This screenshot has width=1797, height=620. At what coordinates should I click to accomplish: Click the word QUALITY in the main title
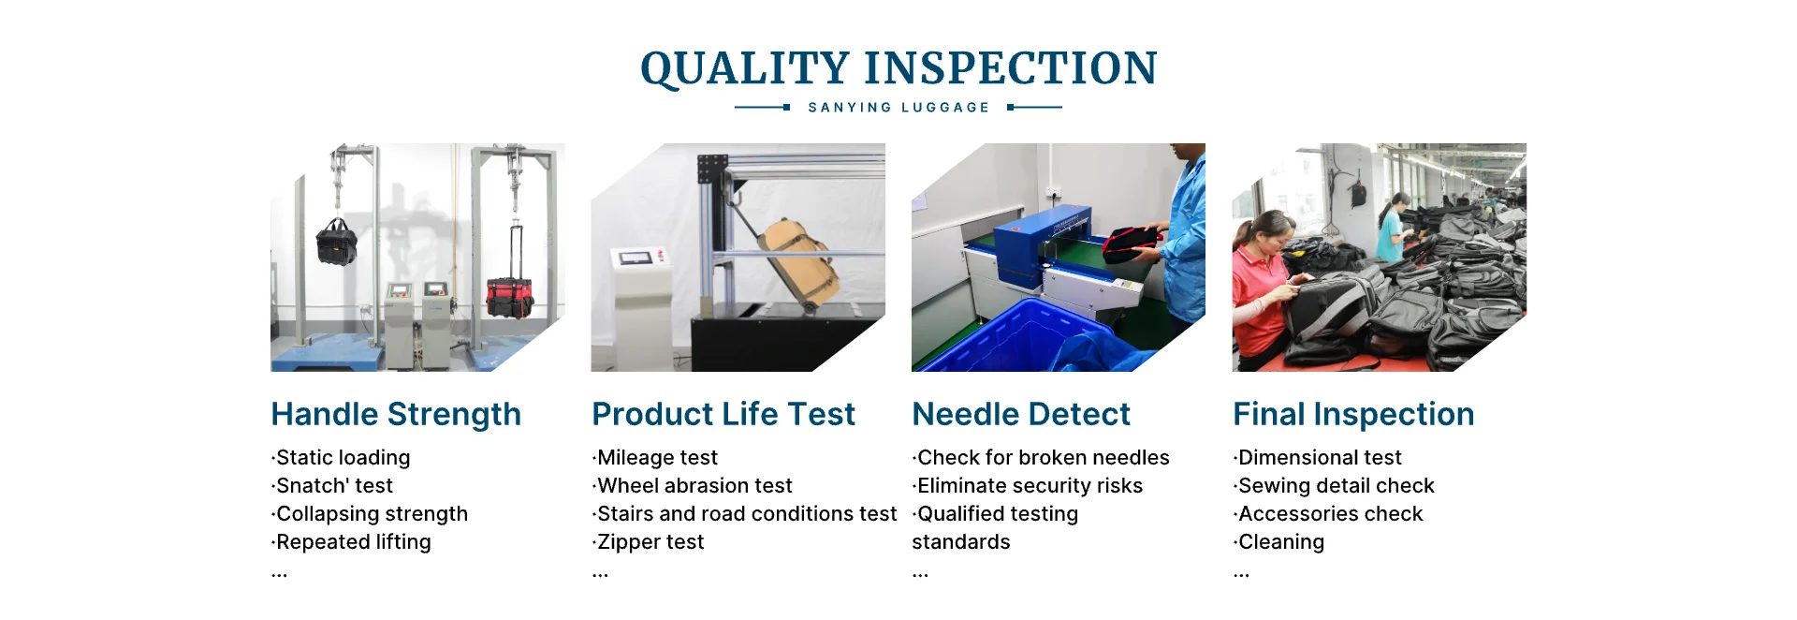click(745, 69)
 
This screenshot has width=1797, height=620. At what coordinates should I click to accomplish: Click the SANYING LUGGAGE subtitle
click(898, 108)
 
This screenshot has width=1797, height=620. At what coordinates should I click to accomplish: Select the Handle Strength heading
click(396, 414)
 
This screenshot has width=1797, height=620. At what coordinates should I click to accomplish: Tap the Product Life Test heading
click(723, 414)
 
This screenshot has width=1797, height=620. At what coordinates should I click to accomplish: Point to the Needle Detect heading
click(1021, 414)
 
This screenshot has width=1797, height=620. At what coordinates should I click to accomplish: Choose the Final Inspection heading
click(1353, 414)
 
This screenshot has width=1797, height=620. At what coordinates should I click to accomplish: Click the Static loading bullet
click(341, 458)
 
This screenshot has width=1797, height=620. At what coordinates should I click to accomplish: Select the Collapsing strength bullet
click(370, 514)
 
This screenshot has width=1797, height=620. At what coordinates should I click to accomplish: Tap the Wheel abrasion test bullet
click(693, 486)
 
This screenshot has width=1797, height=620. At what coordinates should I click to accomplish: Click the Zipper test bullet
click(649, 542)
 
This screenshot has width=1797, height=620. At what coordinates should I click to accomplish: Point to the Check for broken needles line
click(1041, 458)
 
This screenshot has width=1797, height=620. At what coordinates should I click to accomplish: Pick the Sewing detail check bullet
click(1334, 486)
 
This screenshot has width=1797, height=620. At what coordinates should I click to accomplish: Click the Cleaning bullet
click(1278, 542)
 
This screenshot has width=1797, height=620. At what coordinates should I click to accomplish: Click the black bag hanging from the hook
click(336, 242)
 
